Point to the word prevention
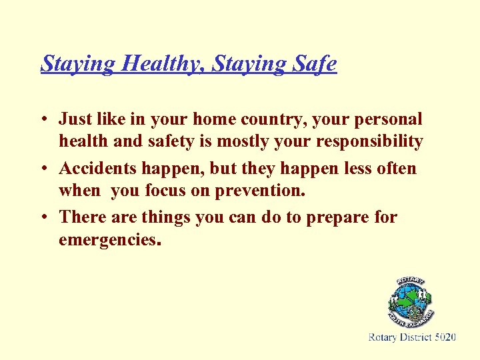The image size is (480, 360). [259, 192]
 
